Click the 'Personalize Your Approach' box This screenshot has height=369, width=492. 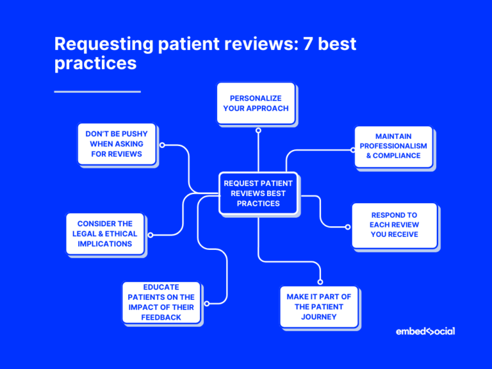(256, 103)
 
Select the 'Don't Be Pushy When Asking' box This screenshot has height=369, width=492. (116, 144)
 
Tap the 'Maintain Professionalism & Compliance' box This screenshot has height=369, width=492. (393, 146)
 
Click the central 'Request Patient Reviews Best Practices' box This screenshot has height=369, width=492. (258, 193)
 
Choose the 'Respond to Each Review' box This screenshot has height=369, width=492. (394, 225)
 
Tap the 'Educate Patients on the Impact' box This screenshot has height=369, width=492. (161, 302)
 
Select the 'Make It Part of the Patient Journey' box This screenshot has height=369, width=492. (319, 307)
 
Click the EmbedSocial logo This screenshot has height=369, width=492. (425, 331)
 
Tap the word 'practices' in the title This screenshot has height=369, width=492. (95, 63)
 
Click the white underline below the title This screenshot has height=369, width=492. (97, 92)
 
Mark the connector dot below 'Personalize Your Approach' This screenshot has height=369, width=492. (258, 130)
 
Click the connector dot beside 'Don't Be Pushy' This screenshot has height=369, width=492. (162, 145)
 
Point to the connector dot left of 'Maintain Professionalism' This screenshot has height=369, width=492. (353, 149)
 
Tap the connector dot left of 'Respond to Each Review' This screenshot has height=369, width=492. (348, 226)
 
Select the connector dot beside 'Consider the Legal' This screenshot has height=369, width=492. (151, 234)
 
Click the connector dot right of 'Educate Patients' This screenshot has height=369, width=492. (206, 304)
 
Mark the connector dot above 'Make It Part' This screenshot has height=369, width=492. (320, 281)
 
